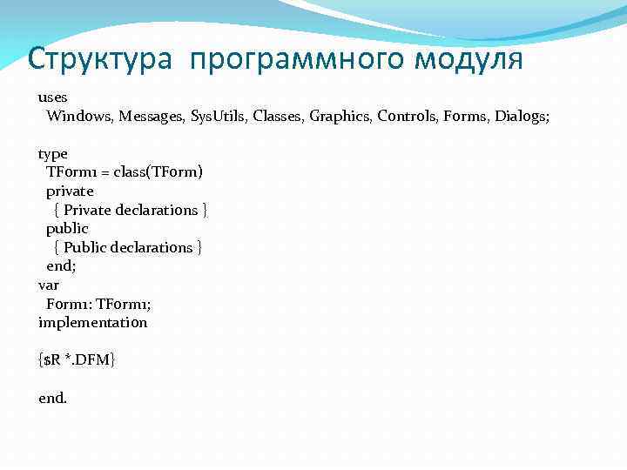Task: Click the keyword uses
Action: (x=53, y=97)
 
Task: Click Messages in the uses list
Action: (x=152, y=116)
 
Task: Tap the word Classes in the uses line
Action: (x=280, y=116)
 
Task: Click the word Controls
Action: (x=408, y=116)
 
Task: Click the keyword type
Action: (x=53, y=154)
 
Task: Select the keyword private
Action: (x=71, y=191)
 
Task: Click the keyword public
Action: (x=68, y=228)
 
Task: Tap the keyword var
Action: (x=49, y=285)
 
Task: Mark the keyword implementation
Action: (x=93, y=322)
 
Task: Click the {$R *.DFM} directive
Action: (x=78, y=359)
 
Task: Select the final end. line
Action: (x=52, y=398)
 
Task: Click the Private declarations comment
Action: (x=131, y=210)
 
